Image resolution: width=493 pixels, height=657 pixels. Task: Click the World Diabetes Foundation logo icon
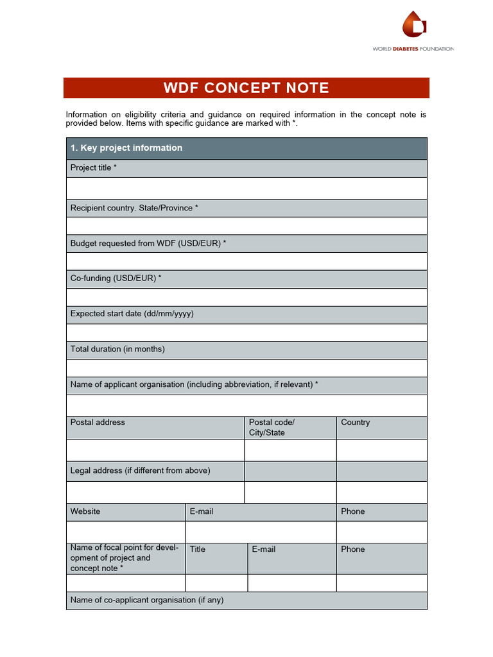(414, 26)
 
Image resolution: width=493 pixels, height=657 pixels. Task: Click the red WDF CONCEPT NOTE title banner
(246, 88)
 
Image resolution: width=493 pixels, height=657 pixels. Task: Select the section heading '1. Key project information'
(126, 148)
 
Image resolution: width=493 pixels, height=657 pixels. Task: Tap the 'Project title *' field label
(94, 168)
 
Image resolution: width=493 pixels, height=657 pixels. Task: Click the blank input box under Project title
(246, 188)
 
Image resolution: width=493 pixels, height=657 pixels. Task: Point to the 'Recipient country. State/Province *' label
(134, 209)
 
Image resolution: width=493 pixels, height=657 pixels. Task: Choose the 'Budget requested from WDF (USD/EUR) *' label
(148, 244)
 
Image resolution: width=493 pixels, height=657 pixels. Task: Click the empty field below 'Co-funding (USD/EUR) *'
(246, 297)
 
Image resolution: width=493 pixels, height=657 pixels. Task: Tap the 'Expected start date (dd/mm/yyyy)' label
(132, 314)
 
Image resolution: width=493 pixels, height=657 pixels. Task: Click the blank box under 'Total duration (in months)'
(246, 368)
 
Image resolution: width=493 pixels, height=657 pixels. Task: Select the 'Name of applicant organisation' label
(195, 385)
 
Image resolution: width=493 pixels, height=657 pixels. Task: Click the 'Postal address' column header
(98, 423)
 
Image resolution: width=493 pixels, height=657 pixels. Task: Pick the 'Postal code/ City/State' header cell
(272, 428)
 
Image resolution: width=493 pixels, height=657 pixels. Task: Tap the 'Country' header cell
(356, 423)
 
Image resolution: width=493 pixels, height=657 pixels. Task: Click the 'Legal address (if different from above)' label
(141, 471)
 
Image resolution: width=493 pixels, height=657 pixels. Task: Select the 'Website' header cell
(85, 512)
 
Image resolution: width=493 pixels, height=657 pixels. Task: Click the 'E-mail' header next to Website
(202, 512)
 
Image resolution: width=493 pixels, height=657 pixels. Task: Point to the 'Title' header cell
(198, 550)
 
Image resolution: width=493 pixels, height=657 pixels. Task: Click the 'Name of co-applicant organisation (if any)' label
(147, 601)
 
